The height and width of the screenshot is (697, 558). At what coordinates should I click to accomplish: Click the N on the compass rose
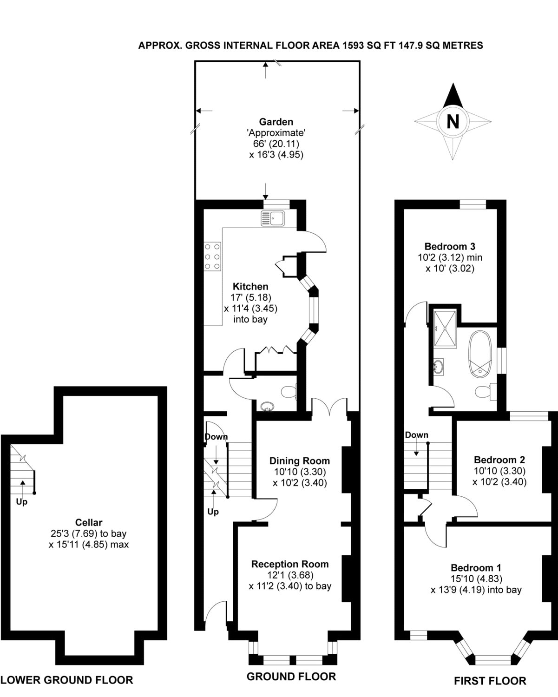[x=452, y=121]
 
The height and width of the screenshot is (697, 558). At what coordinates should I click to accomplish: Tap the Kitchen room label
[x=250, y=286]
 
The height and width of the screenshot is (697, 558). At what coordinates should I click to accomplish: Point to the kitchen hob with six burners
[x=212, y=256]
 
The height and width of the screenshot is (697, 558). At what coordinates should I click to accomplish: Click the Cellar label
[x=88, y=522]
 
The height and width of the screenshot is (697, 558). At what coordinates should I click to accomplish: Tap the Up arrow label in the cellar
[x=22, y=502]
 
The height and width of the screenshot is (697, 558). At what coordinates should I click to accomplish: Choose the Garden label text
[x=276, y=122]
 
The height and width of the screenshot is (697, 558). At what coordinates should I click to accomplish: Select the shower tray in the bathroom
[x=445, y=328]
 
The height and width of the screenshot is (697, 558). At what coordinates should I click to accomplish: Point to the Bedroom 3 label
[x=450, y=246]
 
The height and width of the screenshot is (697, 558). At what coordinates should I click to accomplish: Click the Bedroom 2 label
[x=499, y=460]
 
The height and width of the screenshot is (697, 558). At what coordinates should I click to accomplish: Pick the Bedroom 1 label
[x=476, y=567]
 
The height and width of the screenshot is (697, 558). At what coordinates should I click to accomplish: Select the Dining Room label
[x=300, y=461]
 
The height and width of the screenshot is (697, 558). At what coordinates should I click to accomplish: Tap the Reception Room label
[x=290, y=564]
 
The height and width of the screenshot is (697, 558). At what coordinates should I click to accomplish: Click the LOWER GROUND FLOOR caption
[x=67, y=680]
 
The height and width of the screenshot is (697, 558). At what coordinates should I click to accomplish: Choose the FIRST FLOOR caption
[x=490, y=681]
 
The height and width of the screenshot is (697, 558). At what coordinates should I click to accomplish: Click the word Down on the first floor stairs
[x=416, y=435]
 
